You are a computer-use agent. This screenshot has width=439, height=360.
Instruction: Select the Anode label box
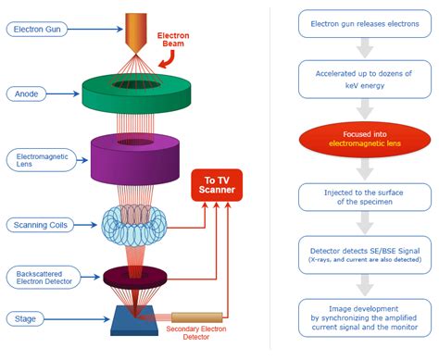[28, 93]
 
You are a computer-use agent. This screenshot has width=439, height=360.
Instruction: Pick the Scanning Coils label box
[38, 225]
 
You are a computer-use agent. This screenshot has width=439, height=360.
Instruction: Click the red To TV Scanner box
[215, 186]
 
